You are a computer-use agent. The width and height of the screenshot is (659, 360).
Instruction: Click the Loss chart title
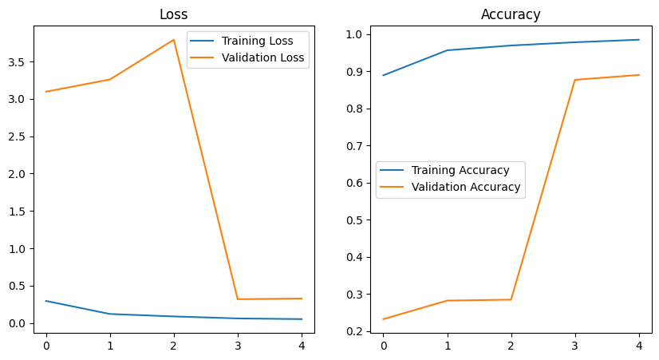173,14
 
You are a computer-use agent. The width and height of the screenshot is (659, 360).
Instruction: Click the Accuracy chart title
511,14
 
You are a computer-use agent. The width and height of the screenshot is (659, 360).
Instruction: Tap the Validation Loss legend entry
262,57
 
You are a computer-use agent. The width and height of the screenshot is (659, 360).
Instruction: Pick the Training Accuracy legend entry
460,170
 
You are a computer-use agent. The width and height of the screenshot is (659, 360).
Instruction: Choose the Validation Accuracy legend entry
465,187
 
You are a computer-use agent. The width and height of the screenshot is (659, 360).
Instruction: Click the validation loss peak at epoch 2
174,40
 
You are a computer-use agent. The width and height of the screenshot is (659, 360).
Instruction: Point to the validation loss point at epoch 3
238,299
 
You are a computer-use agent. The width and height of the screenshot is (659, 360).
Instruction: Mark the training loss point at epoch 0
46,301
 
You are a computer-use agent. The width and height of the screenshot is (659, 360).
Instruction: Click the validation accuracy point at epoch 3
575,80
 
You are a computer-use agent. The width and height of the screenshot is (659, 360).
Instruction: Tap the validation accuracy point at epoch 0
384,319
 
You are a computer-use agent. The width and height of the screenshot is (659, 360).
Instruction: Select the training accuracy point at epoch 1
448,50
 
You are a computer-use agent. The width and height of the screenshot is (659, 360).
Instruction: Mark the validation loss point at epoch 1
110,79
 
